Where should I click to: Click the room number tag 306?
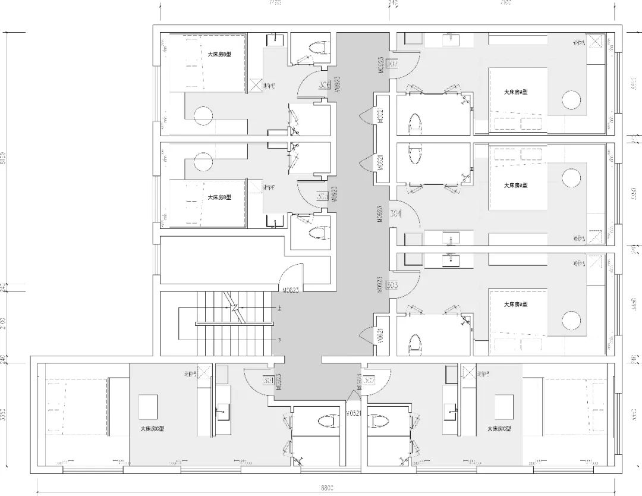325,85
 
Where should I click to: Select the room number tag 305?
323,196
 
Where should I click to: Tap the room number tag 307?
392,64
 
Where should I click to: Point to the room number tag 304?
394,212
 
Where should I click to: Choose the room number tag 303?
392,285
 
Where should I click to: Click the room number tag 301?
268,381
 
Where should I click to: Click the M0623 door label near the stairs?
290,291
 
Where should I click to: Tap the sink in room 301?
222,409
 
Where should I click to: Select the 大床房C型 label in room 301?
152,428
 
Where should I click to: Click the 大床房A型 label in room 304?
516,185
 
